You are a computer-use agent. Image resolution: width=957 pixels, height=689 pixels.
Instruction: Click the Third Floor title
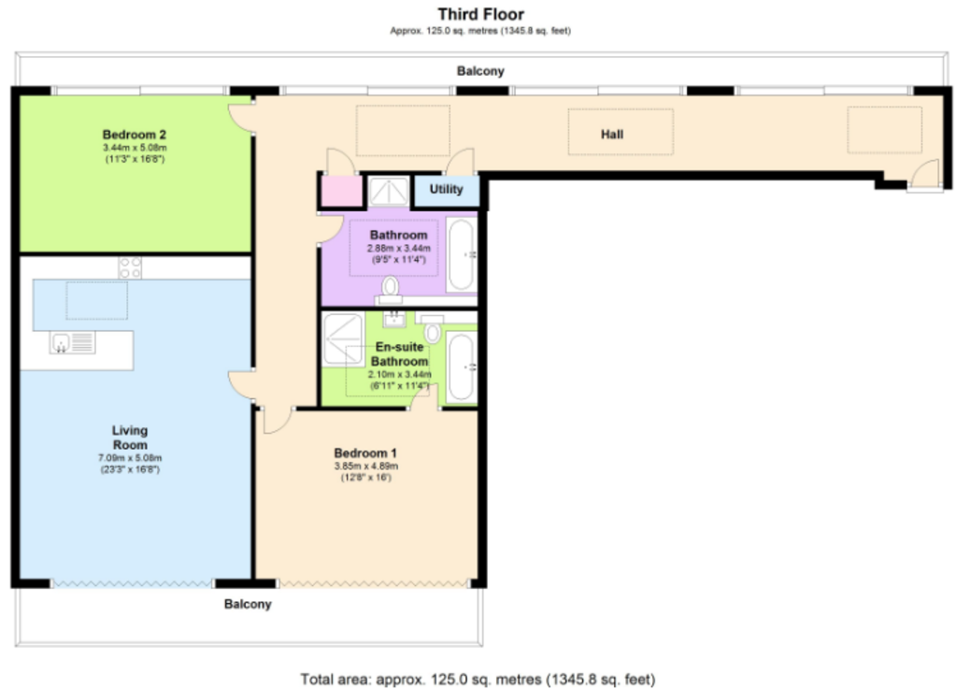pos(480,14)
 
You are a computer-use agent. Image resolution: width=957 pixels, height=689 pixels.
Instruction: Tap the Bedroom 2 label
pos(135,135)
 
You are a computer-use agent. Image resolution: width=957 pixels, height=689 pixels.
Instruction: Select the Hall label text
pos(612,135)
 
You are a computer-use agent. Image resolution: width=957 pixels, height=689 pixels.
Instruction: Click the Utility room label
pos(446,189)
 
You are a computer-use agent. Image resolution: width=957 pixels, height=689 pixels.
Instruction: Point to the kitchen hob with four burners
pos(130,268)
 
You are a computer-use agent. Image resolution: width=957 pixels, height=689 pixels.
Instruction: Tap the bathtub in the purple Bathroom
pos(462,254)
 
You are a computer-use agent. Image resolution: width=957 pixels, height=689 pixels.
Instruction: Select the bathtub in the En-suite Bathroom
pos(462,367)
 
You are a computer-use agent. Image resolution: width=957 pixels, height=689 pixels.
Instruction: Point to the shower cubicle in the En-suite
pos(343,339)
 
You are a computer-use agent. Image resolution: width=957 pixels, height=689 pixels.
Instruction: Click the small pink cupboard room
pos(341,191)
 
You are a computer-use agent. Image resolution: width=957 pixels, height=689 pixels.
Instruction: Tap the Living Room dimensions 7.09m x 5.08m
pos(130,458)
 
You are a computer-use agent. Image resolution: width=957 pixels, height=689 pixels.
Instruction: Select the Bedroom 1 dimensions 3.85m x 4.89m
pos(365,467)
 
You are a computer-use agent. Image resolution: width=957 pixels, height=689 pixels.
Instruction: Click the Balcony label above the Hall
pos(480,71)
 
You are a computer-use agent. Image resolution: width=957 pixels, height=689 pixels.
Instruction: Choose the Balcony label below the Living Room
pos(248,604)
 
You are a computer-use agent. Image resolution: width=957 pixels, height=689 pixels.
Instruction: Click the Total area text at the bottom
pos(478,680)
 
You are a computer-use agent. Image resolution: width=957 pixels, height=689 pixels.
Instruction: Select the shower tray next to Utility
pos(389,191)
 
